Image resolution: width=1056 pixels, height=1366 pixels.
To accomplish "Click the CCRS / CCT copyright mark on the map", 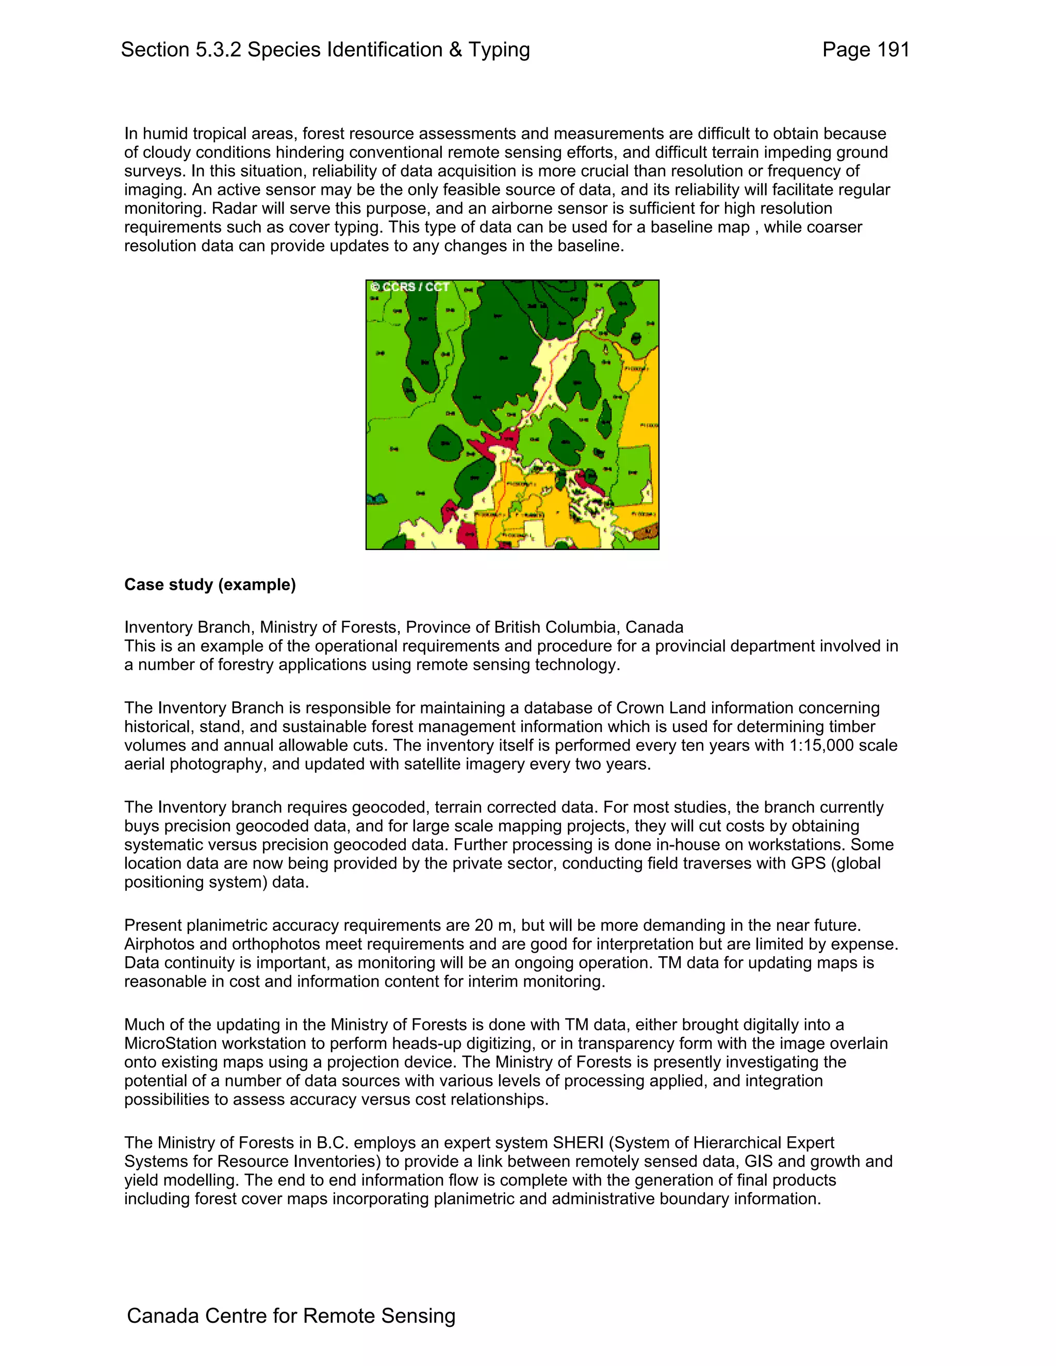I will click(x=410, y=287).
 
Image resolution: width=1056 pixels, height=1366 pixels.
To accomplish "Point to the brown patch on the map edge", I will click(x=651, y=534).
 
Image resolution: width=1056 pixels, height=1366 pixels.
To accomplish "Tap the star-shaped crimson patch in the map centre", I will click(x=493, y=443).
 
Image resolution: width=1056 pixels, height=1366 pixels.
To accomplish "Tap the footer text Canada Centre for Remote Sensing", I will click(x=291, y=1315).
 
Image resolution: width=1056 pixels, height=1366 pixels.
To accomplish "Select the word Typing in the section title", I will click(x=499, y=49).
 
